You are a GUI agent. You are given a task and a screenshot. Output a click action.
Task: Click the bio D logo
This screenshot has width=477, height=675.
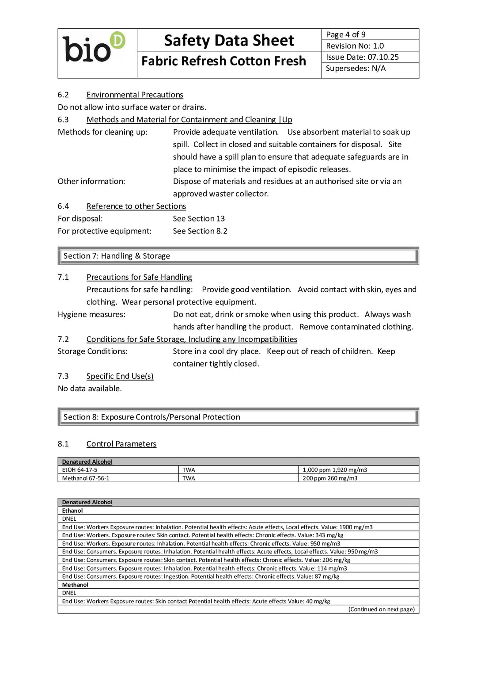pos(94,48)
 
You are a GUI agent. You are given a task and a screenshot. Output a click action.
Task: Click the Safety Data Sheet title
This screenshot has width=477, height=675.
pos(229,40)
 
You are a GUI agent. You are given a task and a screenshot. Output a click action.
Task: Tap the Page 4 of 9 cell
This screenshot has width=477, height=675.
pos(345,34)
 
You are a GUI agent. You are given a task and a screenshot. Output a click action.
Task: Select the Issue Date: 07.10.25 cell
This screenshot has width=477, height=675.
pos(362,57)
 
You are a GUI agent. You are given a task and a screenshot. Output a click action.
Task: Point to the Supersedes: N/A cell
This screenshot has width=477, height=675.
pos(356,69)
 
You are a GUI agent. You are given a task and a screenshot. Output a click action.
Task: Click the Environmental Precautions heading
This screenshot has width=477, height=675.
pos(135,95)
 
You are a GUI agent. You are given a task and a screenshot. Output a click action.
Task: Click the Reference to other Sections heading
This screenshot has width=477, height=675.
pos(136,206)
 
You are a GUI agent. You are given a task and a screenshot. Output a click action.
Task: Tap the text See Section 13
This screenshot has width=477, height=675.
pos(199,218)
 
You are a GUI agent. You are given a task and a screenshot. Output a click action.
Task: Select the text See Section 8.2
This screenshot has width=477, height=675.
pos(200,231)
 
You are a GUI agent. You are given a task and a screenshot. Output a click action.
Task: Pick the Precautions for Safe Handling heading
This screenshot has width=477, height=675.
pos(139,277)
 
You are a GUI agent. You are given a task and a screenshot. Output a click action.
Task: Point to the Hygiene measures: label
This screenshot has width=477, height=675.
pos(91,314)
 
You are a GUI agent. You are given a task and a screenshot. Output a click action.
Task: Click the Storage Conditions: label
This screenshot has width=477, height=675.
pos(92,351)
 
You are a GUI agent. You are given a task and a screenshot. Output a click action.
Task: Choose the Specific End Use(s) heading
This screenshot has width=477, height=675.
pos(120,376)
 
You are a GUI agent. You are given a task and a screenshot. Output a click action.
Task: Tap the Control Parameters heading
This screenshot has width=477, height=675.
pos(121,444)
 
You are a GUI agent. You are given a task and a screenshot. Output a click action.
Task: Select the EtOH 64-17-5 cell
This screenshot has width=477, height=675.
pos(80,470)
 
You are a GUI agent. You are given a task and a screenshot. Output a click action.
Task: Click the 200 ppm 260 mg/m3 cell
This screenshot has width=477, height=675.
pos(330,478)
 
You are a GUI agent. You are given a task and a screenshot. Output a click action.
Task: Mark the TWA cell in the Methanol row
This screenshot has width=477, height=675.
pos(189,478)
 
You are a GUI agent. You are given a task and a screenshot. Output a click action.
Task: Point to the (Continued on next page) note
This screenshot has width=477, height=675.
pos(381,609)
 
